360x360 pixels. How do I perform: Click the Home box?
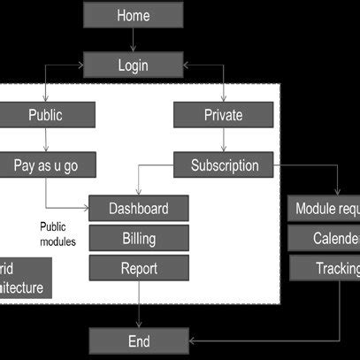click(133, 15)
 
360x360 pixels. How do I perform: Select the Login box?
click(133, 65)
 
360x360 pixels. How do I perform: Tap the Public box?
click(45, 114)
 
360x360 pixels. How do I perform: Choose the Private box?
click(223, 114)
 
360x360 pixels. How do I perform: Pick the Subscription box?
click(225, 165)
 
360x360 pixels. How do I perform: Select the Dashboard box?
click(138, 209)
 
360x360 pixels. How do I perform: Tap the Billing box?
click(138, 238)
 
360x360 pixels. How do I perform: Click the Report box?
click(138, 268)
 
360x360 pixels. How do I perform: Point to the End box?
click(138, 341)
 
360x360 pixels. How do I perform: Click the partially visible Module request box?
click(325, 209)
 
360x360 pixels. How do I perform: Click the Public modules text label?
click(58, 234)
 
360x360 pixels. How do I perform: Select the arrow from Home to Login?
click(133, 40)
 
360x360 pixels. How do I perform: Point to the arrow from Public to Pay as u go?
click(45, 139)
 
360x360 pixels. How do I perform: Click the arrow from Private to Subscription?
click(223, 139)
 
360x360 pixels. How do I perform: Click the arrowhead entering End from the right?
click(192, 341)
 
